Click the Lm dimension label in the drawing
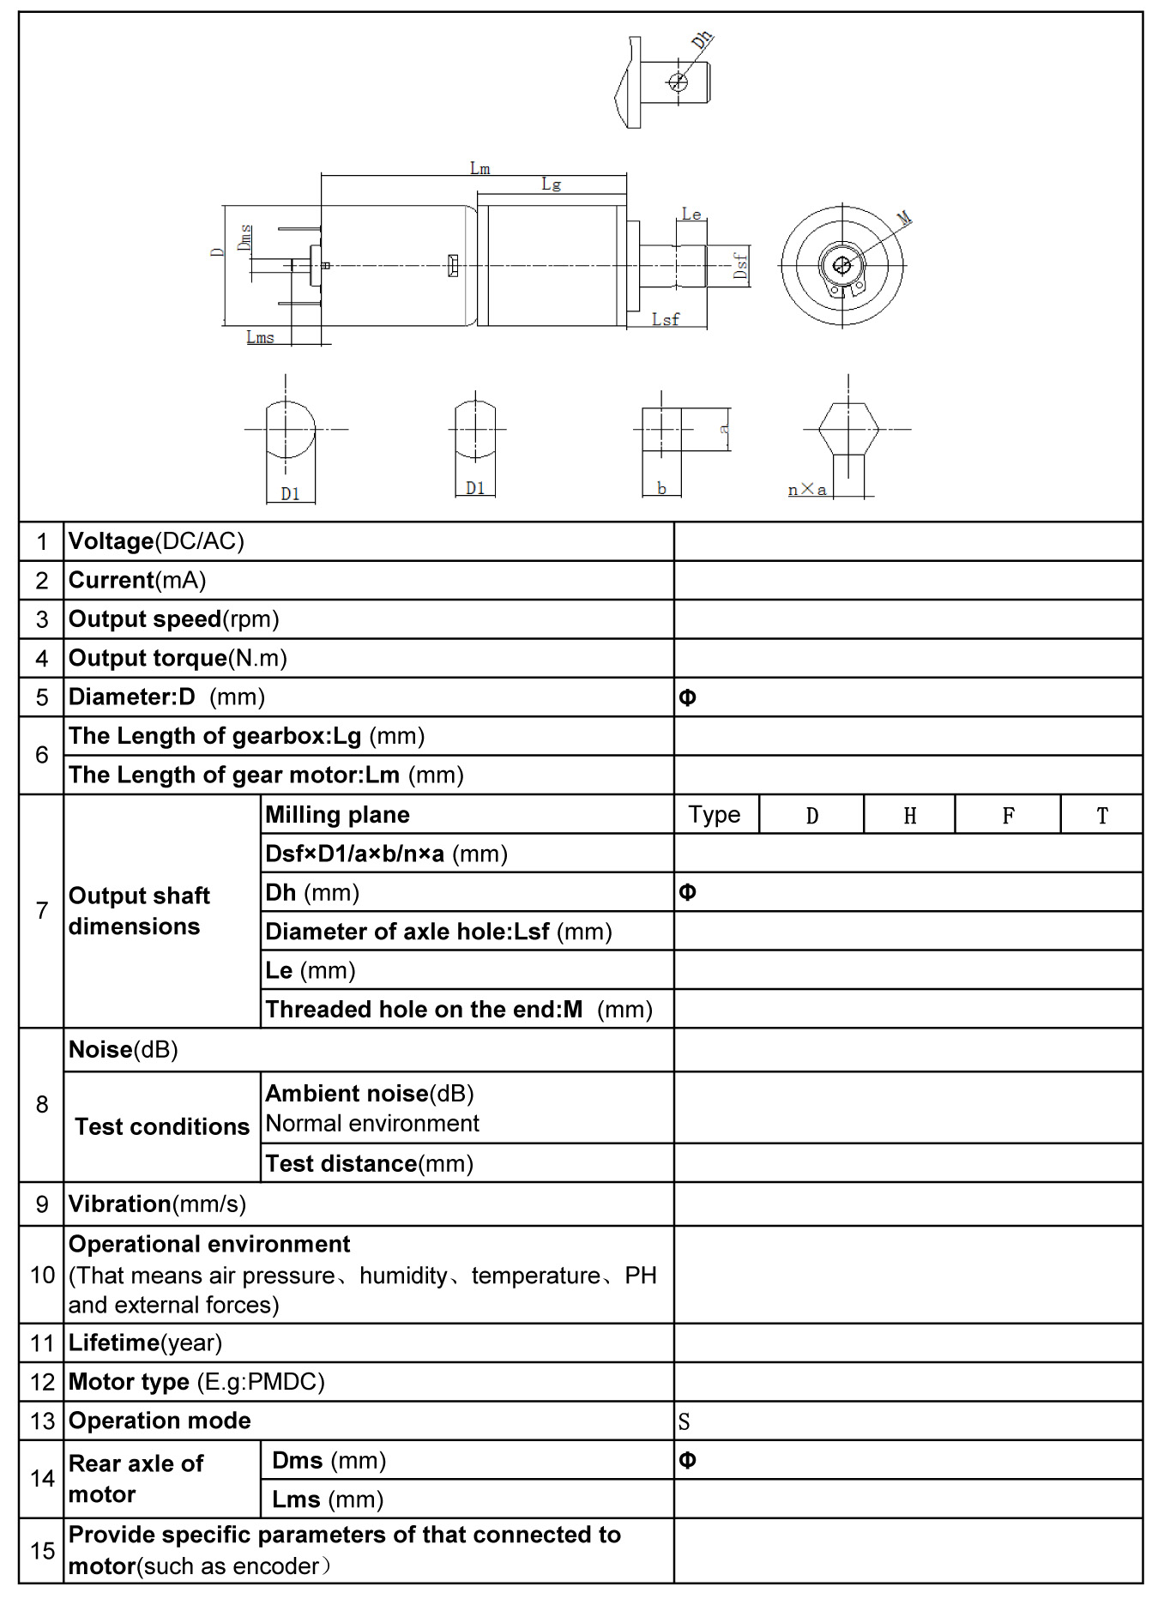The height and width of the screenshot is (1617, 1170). pos(479,168)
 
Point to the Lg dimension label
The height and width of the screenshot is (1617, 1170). pos(551,184)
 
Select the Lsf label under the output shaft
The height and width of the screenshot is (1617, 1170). pos(665,319)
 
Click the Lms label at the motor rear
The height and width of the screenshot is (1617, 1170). pos(260,337)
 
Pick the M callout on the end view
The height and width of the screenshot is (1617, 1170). pos(904,220)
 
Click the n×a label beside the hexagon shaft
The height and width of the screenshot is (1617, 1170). pos(807,490)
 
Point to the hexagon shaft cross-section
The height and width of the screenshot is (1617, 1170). pos(847,429)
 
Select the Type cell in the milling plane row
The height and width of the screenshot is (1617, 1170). pos(714,815)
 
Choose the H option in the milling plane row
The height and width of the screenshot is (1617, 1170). pos(909,816)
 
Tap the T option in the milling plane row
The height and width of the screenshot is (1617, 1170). pos(1101,816)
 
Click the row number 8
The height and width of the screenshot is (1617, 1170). pos(41,1104)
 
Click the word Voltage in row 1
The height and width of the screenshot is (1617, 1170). pos(111,541)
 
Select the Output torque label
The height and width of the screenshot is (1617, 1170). pos(148,658)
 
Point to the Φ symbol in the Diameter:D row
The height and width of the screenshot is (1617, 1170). pos(687,698)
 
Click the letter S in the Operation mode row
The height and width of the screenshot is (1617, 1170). pos(684,1422)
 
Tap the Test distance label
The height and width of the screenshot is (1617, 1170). pos(341,1164)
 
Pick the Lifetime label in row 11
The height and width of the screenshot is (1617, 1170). pos(114,1342)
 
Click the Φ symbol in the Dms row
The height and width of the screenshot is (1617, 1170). pos(687,1460)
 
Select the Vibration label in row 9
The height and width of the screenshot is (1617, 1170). pos(119,1204)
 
